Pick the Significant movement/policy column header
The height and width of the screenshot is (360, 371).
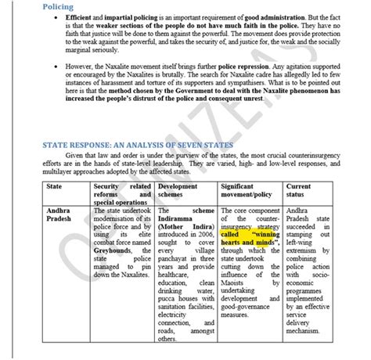[243, 191]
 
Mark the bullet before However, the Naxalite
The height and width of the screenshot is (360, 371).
[59, 80]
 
